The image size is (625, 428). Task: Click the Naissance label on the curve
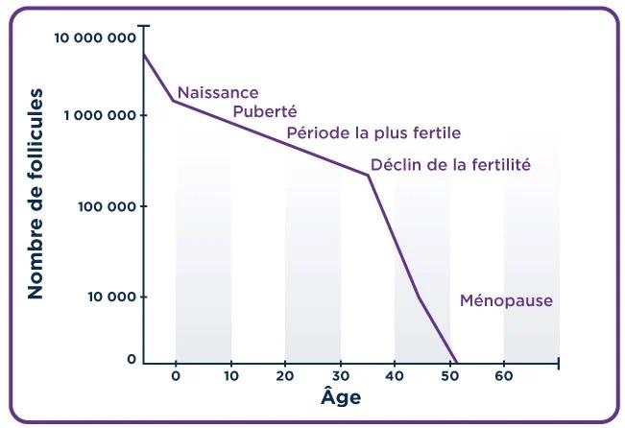218,93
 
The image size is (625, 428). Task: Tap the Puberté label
265,112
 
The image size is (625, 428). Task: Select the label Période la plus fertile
373,132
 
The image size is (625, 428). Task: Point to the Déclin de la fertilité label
450,164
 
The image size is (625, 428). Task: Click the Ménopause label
506,300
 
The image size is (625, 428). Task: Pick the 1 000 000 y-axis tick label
100,115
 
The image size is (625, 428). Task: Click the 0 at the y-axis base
132,360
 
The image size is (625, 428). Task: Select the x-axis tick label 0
176,377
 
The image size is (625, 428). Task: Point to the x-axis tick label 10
230,377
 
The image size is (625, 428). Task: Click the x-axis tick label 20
285,377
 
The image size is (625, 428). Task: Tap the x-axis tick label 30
340,377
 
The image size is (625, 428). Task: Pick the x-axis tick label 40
395,377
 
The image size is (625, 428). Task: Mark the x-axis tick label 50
449,377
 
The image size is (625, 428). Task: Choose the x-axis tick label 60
504,377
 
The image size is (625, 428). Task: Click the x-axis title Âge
340,396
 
